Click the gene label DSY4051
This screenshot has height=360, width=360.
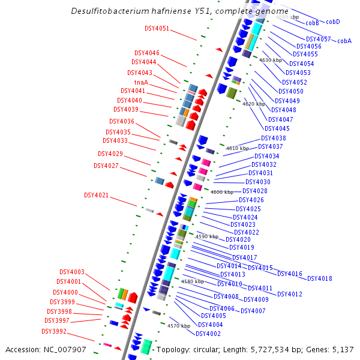pyautogui.click(x=157, y=28)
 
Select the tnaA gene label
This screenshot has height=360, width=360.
pyautogui.click(x=141, y=82)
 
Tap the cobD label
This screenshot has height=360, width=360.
pyautogui.click(x=333, y=22)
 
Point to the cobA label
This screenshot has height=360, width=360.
pyautogui.click(x=344, y=41)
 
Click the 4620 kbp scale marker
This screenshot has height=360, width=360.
pyautogui.click(x=253, y=104)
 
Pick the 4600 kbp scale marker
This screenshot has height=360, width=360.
pyautogui.click(x=222, y=192)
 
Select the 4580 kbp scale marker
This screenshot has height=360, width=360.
pyautogui.click(x=193, y=281)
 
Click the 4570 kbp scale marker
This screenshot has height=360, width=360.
pyautogui.click(x=178, y=326)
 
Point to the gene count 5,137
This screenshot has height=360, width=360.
pyautogui.click(x=343, y=349)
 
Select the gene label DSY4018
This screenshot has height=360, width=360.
pyautogui.click(x=319, y=278)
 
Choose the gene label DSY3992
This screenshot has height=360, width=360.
pyautogui.click(x=54, y=331)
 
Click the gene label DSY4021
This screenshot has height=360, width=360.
pyautogui.click(x=96, y=195)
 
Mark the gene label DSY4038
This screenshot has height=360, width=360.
pyautogui.click(x=273, y=138)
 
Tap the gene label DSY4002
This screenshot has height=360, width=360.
pyautogui.click(x=209, y=334)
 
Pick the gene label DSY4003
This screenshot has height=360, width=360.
pyautogui.click(x=71, y=272)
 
